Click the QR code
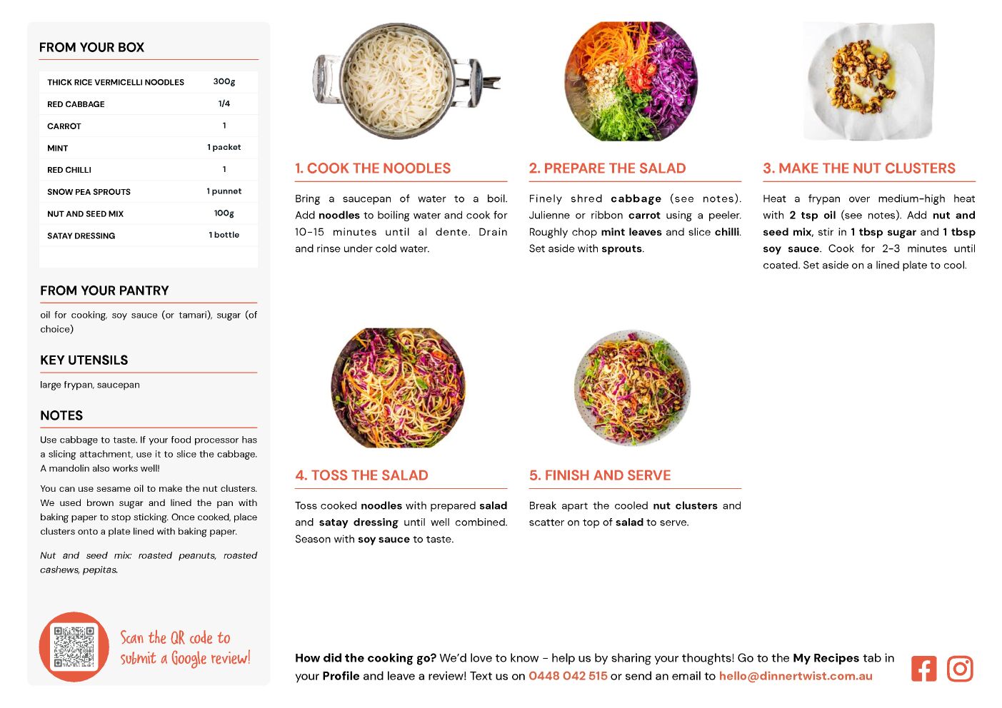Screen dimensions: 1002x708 74,647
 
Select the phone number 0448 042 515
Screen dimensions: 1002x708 568,676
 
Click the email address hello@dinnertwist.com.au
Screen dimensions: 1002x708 796,676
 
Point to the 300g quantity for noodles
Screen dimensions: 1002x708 224,82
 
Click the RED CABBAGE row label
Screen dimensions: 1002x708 76,104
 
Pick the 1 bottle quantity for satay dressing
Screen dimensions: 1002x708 224,235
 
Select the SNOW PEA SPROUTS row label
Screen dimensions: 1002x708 89,192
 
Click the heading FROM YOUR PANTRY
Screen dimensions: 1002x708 104,290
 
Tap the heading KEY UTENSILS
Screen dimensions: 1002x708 84,360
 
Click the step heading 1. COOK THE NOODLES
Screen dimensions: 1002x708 373,168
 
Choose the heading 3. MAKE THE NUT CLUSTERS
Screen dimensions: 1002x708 859,168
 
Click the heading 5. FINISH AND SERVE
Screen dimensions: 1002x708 600,475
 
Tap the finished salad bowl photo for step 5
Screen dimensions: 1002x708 632,388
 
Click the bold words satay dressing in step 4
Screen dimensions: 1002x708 359,522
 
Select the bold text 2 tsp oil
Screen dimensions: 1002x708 812,216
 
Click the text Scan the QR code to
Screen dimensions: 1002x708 176,638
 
